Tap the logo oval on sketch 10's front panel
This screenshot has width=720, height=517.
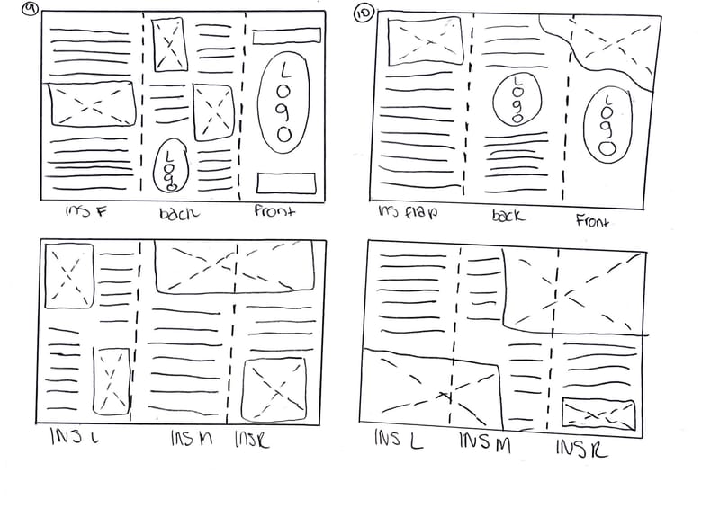(605, 122)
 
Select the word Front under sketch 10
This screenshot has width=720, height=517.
(592, 220)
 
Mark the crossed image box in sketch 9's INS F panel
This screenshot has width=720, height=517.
(91, 104)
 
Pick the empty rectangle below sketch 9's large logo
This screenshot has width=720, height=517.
(286, 183)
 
